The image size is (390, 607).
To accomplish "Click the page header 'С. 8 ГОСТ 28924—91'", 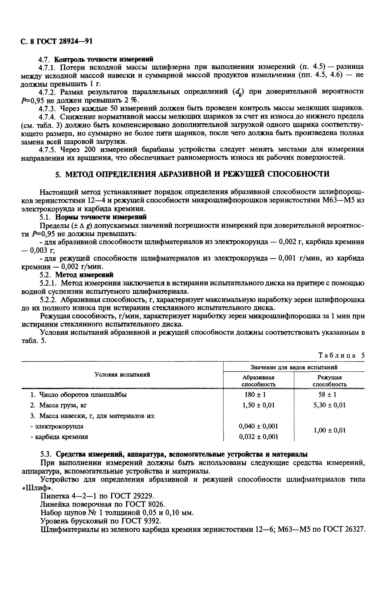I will [x=56, y=41].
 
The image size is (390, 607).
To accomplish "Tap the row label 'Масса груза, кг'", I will [x=62, y=405].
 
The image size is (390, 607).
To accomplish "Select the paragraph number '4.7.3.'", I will [x=49, y=109].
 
